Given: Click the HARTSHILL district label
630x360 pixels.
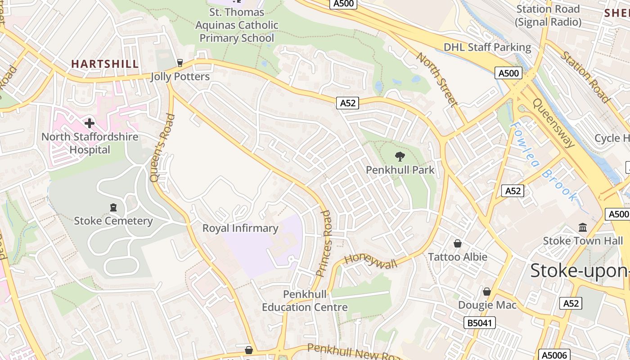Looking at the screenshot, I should [105, 64].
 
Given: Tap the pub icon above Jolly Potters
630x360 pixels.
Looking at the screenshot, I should [180, 63].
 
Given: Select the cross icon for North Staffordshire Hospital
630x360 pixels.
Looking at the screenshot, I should [90, 123].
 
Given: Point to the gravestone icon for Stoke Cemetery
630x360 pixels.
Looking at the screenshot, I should [113, 207].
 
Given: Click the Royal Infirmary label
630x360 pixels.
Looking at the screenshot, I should [240, 228].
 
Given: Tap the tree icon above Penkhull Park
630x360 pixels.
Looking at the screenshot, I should [400, 157].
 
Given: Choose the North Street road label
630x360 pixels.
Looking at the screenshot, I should [436, 80].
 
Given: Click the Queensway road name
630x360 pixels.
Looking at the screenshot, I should [553, 123].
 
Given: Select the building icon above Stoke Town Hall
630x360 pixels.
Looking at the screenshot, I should [583, 227].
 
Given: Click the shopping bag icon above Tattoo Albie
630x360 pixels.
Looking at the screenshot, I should [458, 243].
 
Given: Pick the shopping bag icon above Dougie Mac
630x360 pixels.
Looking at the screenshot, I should [486, 292].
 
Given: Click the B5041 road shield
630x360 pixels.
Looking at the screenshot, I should [480, 322].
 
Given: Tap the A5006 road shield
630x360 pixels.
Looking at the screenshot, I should [554, 355].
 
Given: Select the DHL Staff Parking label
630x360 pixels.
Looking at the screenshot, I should [487, 47].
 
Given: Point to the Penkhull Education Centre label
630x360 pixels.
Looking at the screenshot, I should [305, 301].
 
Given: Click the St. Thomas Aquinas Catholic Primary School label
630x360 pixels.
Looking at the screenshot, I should [237, 25].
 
